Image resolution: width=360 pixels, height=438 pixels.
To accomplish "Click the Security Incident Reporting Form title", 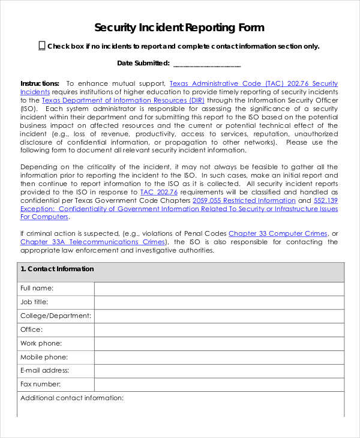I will pyautogui.click(x=179, y=28).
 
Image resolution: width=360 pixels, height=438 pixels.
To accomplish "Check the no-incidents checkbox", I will pyautogui.click(x=42, y=46).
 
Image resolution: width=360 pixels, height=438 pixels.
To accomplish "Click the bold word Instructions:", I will pyautogui.click(x=40, y=83).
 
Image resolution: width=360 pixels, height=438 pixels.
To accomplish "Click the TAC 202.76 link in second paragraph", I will pyautogui.click(x=158, y=192).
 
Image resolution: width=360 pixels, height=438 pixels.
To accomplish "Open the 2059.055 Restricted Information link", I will pyautogui.click(x=244, y=200).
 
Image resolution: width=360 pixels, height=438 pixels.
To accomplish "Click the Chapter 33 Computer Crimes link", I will pyautogui.click(x=278, y=233).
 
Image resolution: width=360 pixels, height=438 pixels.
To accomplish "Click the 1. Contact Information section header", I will pyautogui.click(x=58, y=269).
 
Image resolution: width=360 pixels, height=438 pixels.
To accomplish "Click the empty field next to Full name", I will pyautogui.click(x=219, y=289).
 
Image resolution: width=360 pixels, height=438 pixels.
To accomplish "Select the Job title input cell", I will pyautogui.click(x=219, y=302).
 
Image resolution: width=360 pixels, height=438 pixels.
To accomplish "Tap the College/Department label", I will pyautogui.click(x=56, y=316).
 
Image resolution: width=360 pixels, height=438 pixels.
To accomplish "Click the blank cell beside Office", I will pyautogui.click(x=219, y=329).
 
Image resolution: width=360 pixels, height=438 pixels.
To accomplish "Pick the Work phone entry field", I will pyautogui.click(x=219, y=343).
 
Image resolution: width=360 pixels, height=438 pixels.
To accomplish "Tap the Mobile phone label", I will pyautogui.click(x=44, y=357).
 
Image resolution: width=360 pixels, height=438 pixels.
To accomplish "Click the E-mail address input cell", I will pyautogui.click(x=219, y=371).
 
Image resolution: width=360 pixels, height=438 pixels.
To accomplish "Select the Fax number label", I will pyautogui.click(x=40, y=384).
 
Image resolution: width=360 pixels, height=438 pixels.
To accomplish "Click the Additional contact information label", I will pyautogui.click(x=72, y=398).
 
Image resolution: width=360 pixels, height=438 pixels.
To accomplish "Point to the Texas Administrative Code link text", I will pyautogui.click(x=234, y=83).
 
